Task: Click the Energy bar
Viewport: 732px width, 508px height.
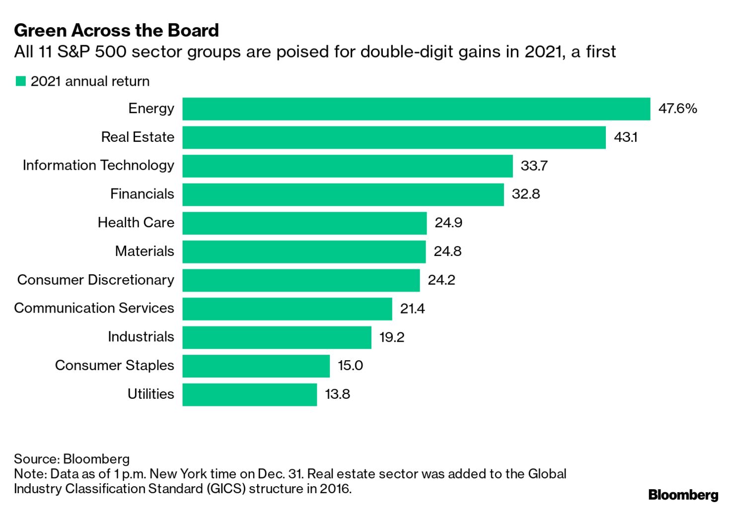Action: pyautogui.click(x=416, y=109)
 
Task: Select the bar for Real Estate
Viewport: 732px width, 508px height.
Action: pyautogui.click(x=394, y=137)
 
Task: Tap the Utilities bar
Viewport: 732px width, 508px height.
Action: pyautogui.click(x=249, y=394)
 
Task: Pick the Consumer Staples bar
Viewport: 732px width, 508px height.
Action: pyautogui.click(x=256, y=366)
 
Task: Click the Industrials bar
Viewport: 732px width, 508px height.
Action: pyautogui.click(x=277, y=337)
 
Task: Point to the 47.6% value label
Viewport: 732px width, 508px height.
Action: pyautogui.click(x=677, y=109)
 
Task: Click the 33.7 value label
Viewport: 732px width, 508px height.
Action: pyautogui.click(x=534, y=166)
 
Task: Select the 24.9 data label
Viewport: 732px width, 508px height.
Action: pyautogui.click(x=448, y=223)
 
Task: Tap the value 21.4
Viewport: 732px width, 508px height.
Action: pyautogui.click(x=412, y=309)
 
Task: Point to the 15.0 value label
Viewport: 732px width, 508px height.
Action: pyautogui.click(x=350, y=366)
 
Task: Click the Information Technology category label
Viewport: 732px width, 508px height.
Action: pyautogui.click(x=98, y=165)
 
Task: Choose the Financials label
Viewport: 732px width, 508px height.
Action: pyautogui.click(x=142, y=194)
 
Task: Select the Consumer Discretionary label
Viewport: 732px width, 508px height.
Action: pyautogui.click(x=96, y=280)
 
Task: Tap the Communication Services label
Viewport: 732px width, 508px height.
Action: pyautogui.click(x=94, y=308)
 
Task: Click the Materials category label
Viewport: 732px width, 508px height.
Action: pyautogui.click(x=145, y=251)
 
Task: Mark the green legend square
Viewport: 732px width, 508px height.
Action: pyautogui.click(x=20, y=81)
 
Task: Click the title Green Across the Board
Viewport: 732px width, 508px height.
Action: pyautogui.click(x=116, y=31)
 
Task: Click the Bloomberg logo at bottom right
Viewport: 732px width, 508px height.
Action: pyautogui.click(x=683, y=495)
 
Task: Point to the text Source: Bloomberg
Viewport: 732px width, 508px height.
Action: pyautogui.click(x=72, y=459)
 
